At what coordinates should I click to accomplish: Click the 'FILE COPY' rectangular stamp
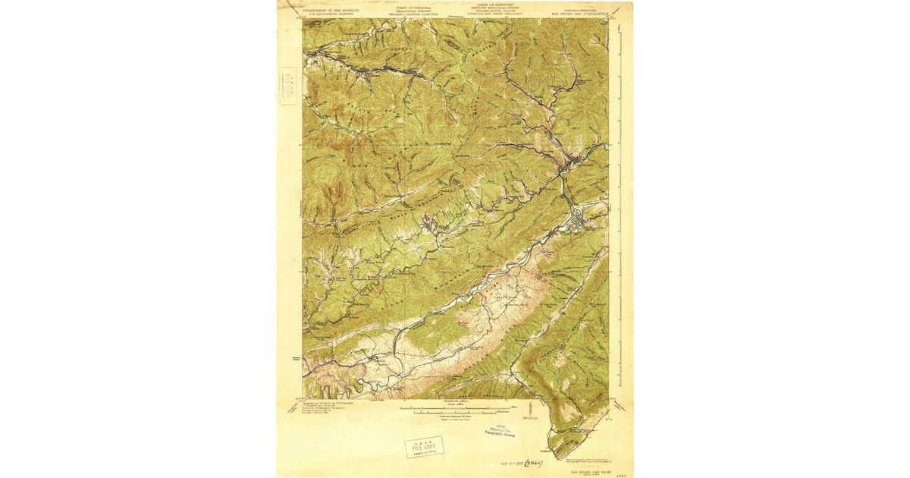[x=424, y=447]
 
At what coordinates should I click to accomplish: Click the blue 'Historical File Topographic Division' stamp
[x=500, y=430]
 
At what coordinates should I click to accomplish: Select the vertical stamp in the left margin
[x=289, y=85]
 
